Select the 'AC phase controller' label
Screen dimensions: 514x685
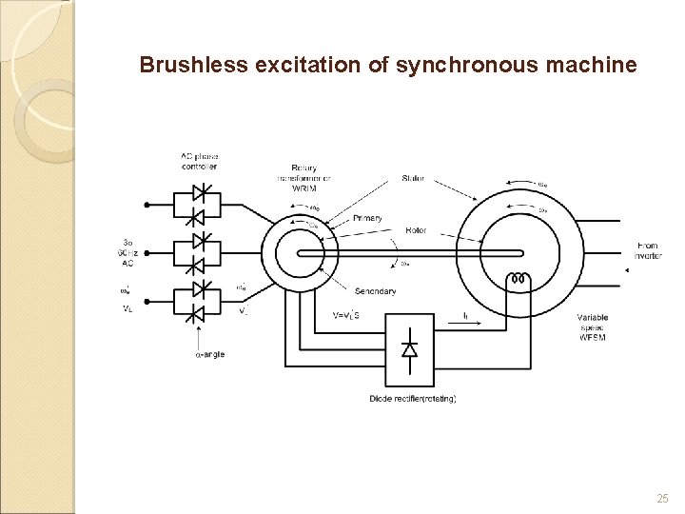199,161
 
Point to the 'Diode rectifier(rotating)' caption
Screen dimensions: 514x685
411,398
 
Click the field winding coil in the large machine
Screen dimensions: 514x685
519,280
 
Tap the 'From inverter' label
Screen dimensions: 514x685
647,251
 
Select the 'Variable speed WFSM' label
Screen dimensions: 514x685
591,326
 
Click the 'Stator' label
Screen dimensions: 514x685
413,178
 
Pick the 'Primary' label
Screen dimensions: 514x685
367,218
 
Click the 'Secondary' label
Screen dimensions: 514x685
375,291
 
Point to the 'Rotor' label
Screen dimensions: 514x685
416,229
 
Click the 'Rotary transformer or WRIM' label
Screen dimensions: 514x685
304,178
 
